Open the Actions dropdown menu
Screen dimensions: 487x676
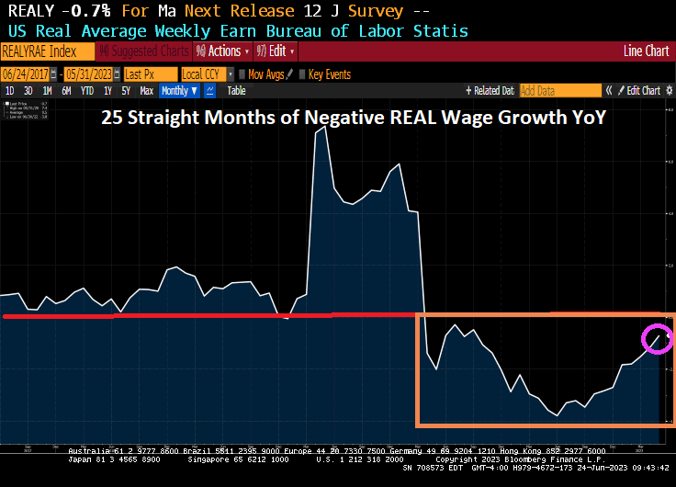click(223, 51)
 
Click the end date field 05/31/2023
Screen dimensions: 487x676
click(91, 74)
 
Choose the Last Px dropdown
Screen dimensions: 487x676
click(149, 74)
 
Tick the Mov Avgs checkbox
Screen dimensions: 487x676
click(242, 74)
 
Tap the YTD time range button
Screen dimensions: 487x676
click(87, 90)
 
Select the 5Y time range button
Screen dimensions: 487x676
click(126, 90)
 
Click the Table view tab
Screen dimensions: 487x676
click(236, 90)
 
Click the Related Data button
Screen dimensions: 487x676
click(491, 90)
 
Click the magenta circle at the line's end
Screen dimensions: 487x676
click(657, 339)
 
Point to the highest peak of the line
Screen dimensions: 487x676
click(322, 128)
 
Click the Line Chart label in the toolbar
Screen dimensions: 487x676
click(646, 51)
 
